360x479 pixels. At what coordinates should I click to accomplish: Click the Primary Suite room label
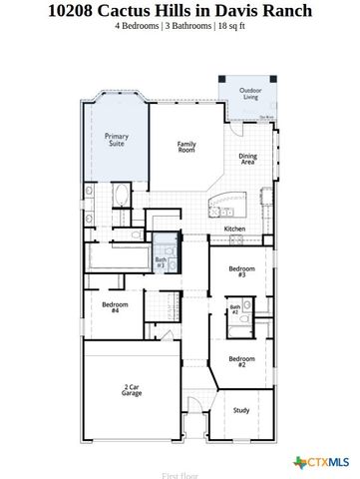coord(117,141)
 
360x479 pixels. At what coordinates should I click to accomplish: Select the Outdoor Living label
coord(250,94)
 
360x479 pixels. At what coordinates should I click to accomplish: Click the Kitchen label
coord(234,229)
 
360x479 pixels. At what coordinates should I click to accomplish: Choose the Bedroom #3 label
coord(242,271)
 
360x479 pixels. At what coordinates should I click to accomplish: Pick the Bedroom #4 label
coord(115,307)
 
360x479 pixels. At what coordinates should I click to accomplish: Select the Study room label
coord(241,410)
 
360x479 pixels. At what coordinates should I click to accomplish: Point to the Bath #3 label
coord(161,262)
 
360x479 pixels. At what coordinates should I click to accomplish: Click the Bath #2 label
coord(234,310)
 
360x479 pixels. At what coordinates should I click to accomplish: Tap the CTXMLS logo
coord(321,461)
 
